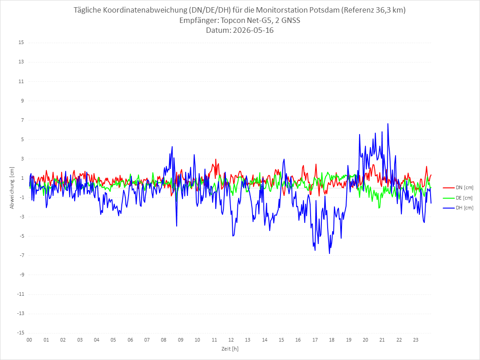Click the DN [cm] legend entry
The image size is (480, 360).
tap(458, 188)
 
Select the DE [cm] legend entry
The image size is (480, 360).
tap(458, 198)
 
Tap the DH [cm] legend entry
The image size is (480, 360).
tap(458, 208)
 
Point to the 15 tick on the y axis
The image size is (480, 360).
tap(21, 43)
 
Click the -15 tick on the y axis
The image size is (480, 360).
tap(21, 333)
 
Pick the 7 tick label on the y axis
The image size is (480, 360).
tap(22, 120)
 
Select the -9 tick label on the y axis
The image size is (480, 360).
tap(22, 275)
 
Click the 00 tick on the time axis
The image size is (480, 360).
tap(29, 340)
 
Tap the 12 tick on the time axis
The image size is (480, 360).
tap(231, 340)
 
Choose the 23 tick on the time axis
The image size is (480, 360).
tap(416, 340)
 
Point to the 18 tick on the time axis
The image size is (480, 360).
tap(332, 340)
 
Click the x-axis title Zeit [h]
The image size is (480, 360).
tap(230, 349)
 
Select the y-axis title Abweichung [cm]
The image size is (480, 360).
tap(12, 188)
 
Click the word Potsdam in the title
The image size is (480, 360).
tap(324, 10)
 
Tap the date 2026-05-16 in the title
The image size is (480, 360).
tap(253, 30)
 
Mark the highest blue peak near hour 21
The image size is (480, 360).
tap(388, 124)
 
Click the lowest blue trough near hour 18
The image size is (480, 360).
tap(329, 253)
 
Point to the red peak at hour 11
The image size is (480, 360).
tap(216, 159)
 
